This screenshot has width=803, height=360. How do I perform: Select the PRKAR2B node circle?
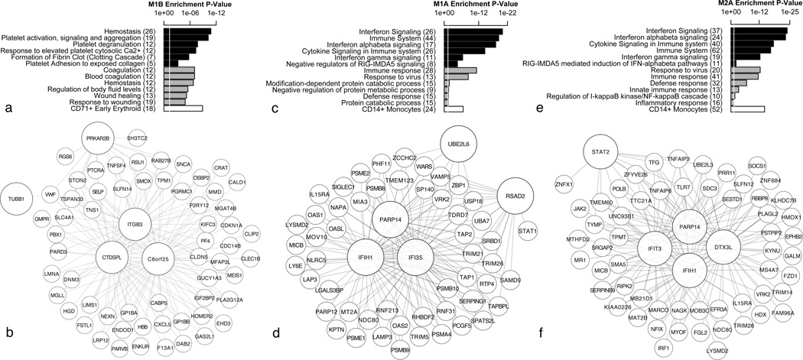pos(103,141)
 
